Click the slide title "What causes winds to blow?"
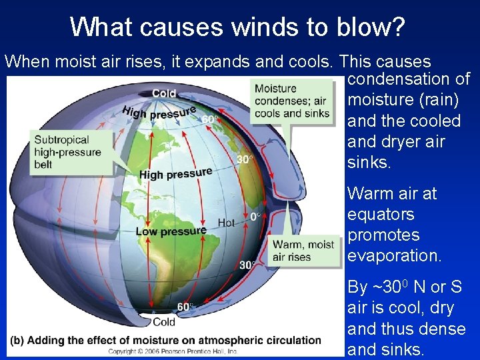[237, 27]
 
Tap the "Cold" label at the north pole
[164, 93]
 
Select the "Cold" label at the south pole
[164, 322]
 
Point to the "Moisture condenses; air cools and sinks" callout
[291, 101]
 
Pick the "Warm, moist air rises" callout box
[303, 251]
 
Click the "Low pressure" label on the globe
[171, 231]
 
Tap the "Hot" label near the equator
[227, 222]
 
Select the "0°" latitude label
[255, 217]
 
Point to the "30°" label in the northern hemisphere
[245, 159]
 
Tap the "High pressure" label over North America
[175, 173]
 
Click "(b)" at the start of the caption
[17, 340]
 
